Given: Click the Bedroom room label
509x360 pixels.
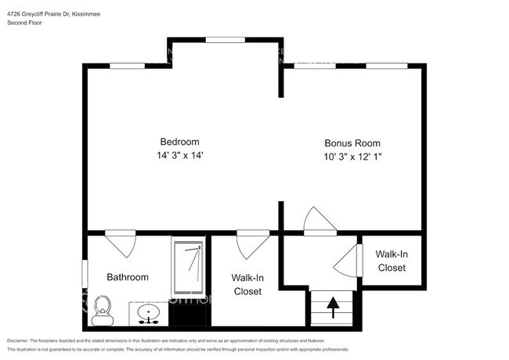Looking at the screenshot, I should tap(179, 142).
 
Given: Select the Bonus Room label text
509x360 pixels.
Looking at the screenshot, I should tap(352, 143).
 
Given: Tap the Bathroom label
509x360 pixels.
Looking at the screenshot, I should tap(128, 277).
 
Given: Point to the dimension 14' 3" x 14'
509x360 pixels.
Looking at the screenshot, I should tap(179, 156).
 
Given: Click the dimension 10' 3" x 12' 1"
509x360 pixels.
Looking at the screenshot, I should tap(352, 157).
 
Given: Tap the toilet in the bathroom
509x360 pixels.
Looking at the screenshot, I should tap(102, 311).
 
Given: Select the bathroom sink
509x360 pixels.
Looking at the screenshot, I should tap(148, 315).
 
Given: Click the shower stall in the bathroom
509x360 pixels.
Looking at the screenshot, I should tap(188, 270).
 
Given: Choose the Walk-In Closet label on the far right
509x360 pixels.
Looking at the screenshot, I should tap(392, 261).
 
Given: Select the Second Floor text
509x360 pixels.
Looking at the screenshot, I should tap(25, 23).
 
